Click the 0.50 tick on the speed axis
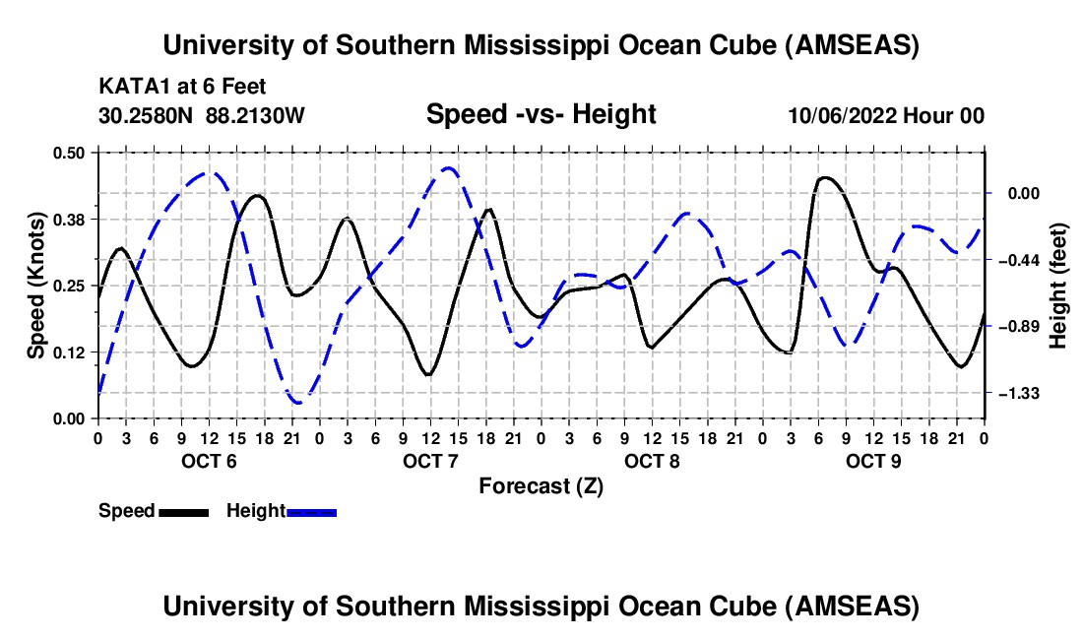68,153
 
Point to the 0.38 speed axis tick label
68,220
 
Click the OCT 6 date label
209,461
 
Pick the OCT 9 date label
873,461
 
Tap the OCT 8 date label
652,461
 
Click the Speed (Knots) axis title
35,286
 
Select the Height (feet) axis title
1058,286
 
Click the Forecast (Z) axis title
541,486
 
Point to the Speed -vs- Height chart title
541,114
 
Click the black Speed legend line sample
184,513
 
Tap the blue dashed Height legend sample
311,513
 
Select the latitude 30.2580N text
146,115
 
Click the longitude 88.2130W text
255,115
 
